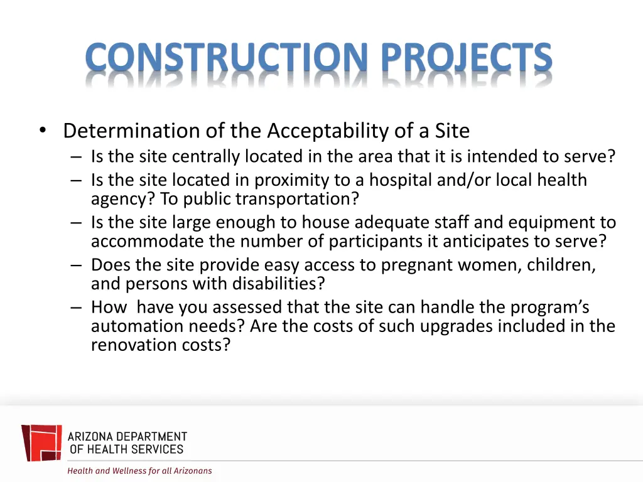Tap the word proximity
[x=291, y=181]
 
